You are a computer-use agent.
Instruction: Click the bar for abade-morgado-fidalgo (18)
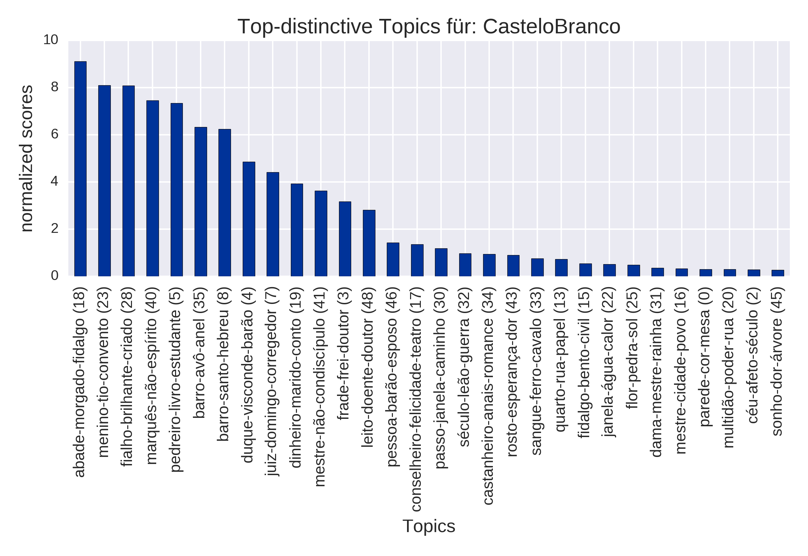coord(80,169)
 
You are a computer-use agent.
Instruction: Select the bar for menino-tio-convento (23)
coord(104,181)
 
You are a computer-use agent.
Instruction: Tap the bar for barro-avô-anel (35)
coord(201,202)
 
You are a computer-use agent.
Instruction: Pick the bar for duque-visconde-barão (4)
coord(249,219)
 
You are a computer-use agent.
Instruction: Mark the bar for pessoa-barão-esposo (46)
coord(393,259)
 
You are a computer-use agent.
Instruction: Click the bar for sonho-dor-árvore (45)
coord(778,273)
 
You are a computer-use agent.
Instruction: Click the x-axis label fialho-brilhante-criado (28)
coord(128,376)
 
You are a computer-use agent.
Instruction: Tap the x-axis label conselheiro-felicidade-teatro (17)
coord(416,399)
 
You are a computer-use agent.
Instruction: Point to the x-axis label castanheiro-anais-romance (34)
coord(489,396)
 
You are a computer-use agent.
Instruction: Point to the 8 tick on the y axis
coord(55,87)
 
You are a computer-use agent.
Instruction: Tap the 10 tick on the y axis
coord(51,40)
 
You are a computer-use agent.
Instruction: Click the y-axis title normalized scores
coord(27,158)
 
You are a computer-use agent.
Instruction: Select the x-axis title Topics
coord(429,526)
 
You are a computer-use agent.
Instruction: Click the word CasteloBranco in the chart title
coord(551,27)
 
